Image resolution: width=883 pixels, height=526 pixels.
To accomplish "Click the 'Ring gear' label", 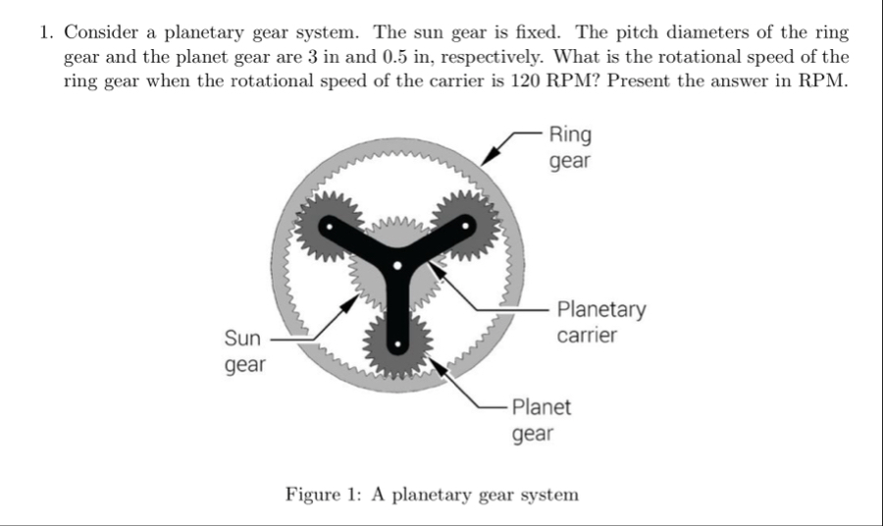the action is (x=570, y=146).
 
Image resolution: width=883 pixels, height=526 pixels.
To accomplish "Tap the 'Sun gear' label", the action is (x=243, y=351).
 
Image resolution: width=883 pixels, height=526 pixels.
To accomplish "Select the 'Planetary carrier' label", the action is (x=600, y=322).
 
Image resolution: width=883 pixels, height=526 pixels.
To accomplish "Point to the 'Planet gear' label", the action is (x=541, y=419).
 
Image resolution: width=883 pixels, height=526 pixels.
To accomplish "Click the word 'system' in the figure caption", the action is (x=547, y=494).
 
